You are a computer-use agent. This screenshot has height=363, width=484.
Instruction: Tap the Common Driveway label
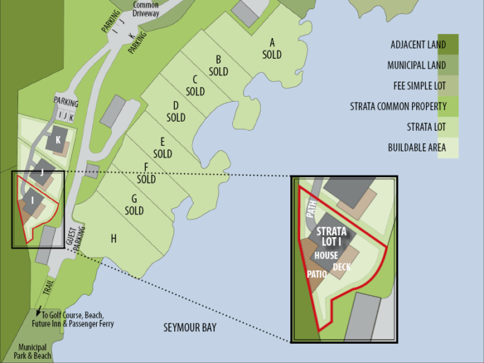(x=146, y=9)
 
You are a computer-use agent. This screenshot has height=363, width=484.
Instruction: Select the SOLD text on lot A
(x=272, y=55)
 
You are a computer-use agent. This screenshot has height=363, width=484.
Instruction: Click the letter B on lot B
(x=218, y=59)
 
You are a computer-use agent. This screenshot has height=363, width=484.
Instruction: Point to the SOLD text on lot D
(x=176, y=118)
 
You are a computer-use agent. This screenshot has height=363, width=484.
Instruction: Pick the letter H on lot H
(x=113, y=239)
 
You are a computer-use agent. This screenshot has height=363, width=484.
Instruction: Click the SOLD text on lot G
(x=134, y=210)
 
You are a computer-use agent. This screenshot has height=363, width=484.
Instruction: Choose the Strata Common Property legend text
(x=389, y=106)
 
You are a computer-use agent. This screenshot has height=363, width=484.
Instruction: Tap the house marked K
(x=57, y=140)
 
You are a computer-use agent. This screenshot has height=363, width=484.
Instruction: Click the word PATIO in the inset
(x=317, y=274)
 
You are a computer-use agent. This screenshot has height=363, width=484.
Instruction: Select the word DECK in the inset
(x=342, y=267)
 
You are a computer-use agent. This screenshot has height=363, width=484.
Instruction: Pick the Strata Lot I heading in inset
(x=331, y=236)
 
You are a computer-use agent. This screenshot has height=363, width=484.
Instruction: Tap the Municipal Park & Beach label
(x=35, y=351)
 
